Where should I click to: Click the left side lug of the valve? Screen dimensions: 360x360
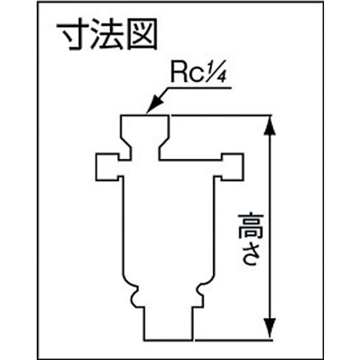[108, 166]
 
